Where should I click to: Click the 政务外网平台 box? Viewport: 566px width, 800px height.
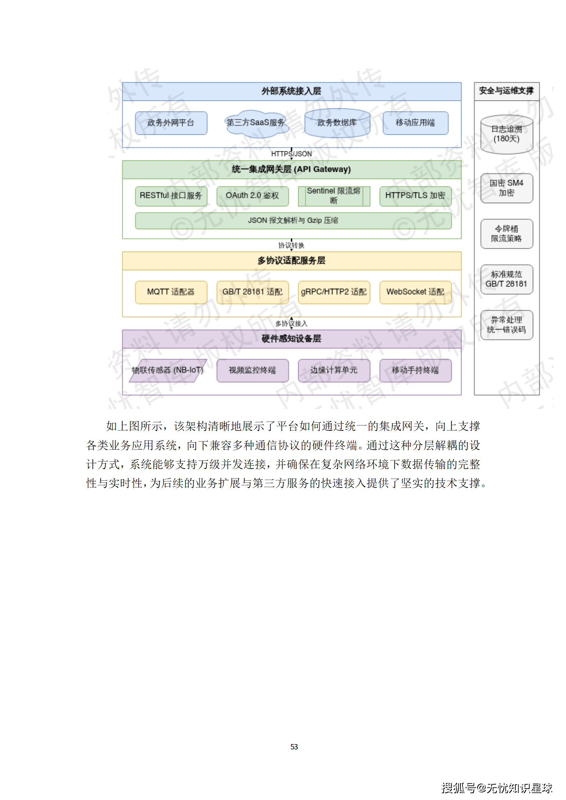coord(171,123)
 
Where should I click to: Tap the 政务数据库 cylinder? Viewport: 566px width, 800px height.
coord(337,123)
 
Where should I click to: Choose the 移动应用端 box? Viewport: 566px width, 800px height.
coord(415,123)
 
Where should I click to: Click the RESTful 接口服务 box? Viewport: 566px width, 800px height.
coord(171,196)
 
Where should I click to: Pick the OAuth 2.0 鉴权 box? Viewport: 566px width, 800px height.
coord(252,196)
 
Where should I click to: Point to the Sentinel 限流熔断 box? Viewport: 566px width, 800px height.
coord(334,196)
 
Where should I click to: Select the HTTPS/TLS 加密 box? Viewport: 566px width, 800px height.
coord(415,196)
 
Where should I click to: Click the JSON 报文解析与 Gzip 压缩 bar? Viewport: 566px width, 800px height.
coord(293,221)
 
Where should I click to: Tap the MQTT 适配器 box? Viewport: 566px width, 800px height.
coord(171,292)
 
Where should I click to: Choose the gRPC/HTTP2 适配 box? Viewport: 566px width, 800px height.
coord(334,292)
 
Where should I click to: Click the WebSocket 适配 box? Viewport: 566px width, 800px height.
coord(415,292)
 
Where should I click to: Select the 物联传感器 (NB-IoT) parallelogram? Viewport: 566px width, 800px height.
coord(168,370)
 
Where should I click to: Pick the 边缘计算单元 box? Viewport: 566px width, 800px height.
coord(334,370)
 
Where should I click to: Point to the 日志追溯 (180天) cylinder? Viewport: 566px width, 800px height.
coord(506,135)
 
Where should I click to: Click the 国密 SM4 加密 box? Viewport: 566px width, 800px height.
coord(506,188)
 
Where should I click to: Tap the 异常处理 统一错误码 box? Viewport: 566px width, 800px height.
coord(506,325)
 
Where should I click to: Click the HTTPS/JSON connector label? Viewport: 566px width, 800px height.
coord(291,154)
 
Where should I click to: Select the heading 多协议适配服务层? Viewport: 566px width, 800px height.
coord(291,261)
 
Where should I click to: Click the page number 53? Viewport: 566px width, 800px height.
coord(294,747)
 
